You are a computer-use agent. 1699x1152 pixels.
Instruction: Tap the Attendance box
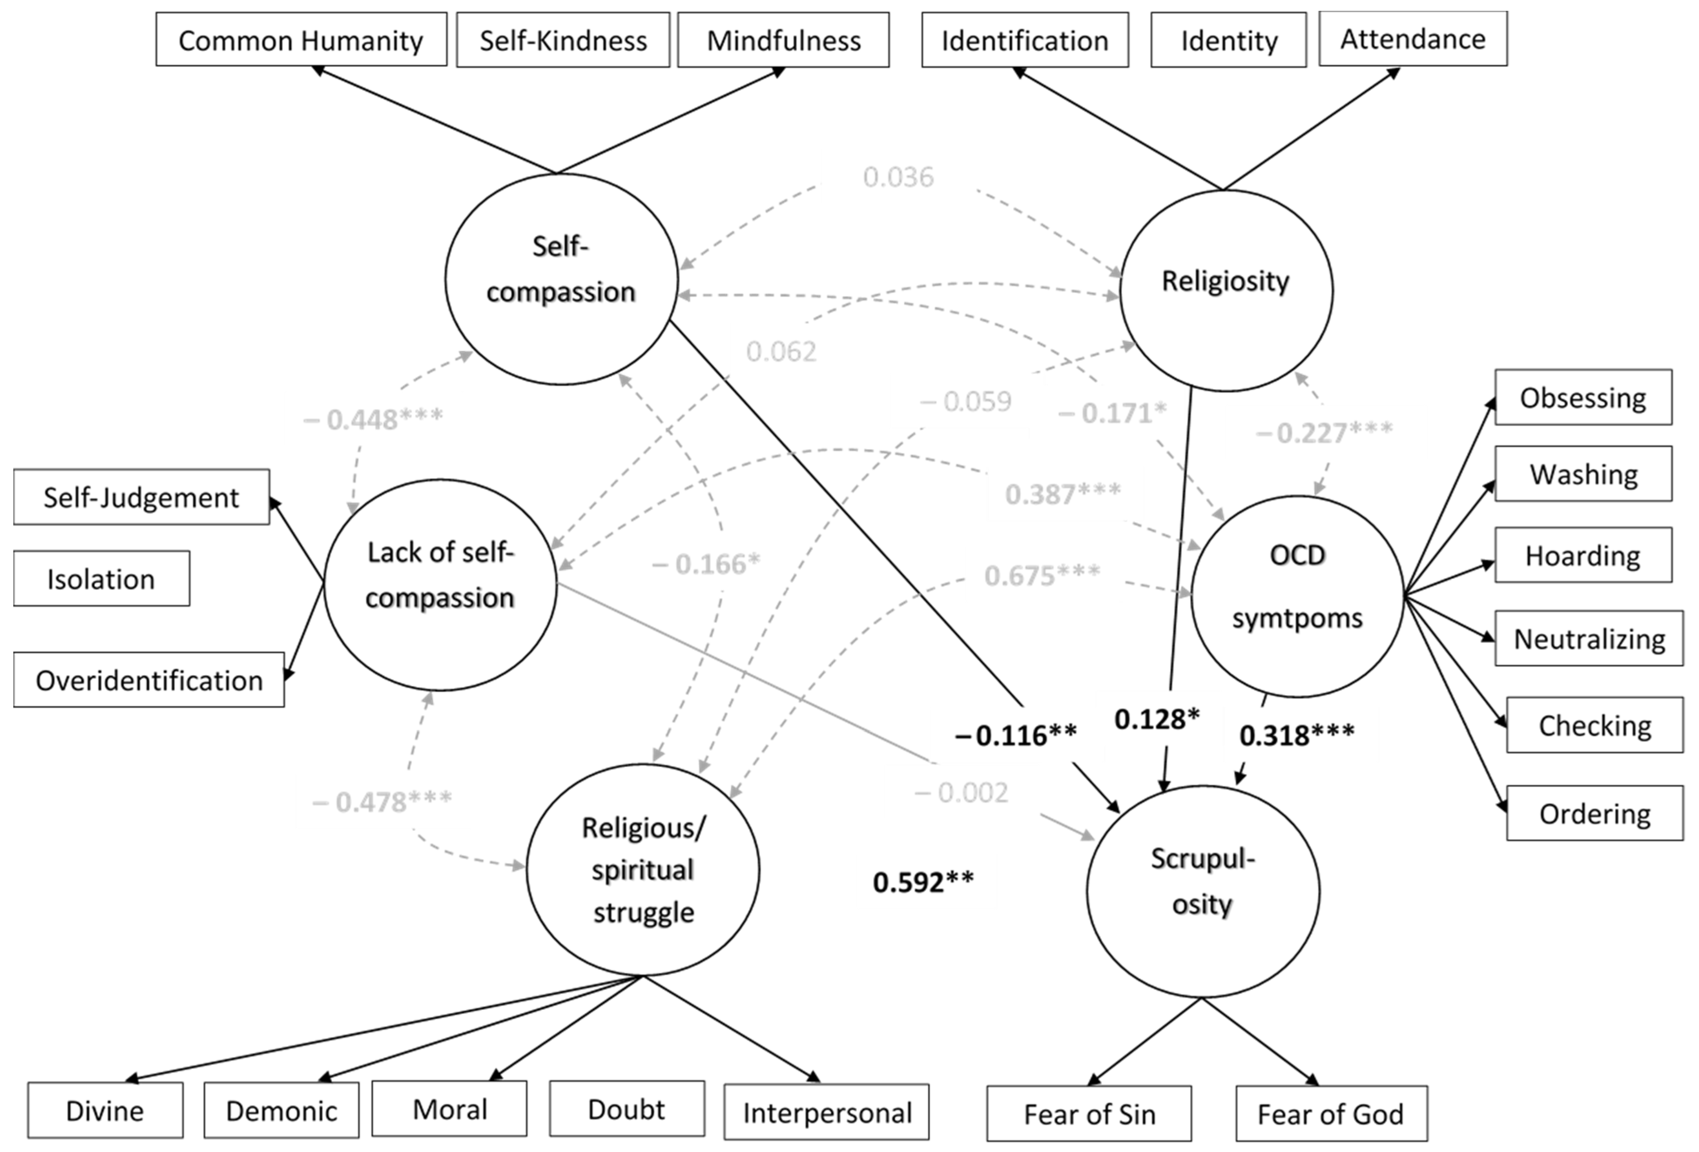tap(1412, 39)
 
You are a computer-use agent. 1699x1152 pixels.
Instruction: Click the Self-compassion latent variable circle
tap(561, 279)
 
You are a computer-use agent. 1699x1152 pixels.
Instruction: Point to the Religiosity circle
tap(1226, 290)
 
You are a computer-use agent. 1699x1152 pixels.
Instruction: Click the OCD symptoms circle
tap(1297, 596)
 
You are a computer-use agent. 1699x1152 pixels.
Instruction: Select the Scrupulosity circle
tap(1203, 891)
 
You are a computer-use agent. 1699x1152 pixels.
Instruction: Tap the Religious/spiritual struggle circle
tap(643, 869)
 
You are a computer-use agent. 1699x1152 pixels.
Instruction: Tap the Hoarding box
tap(1583, 555)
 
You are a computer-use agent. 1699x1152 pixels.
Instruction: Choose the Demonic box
tap(281, 1110)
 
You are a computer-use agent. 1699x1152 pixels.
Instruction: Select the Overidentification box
tap(149, 680)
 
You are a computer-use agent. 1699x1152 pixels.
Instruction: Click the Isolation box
tap(102, 579)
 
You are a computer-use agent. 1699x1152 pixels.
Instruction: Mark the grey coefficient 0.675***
tap(1042, 576)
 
